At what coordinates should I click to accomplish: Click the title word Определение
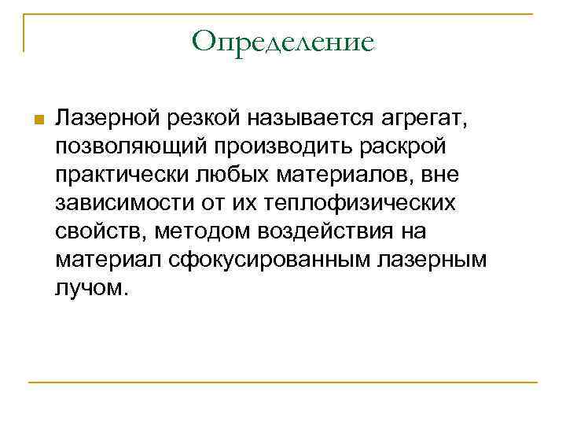point(282,41)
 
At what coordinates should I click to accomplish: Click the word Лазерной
point(108,119)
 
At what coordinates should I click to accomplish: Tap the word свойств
point(101,232)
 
